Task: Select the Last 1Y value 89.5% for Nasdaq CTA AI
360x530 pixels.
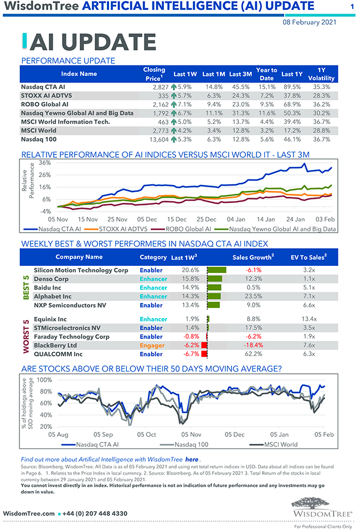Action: pyautogui.click(x=291, y=87)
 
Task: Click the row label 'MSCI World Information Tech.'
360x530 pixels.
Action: pyautogui.click(x=65, y=122)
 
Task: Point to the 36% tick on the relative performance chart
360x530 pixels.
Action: pyautogui.click(x=44, y=163)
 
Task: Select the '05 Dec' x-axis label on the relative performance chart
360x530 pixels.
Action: pyautogui.click(x=147, y=219)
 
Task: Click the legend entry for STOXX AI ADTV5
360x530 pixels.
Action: pyautogui.click(x=123, y=229)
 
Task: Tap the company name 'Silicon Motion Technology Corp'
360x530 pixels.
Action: pyautogui.click(x=81, y=270)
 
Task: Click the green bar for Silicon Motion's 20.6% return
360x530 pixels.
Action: pyautogui.click(x=217, y=270)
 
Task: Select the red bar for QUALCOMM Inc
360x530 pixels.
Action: pyautogui.click(x=204, y=354)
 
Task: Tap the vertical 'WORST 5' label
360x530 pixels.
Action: pyautogui.click(x=25, y=336)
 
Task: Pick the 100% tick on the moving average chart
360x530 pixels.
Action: pyautogui.click(x=44, y=380)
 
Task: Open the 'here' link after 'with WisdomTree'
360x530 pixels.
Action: pyautogui.click(x=192, y=459)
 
